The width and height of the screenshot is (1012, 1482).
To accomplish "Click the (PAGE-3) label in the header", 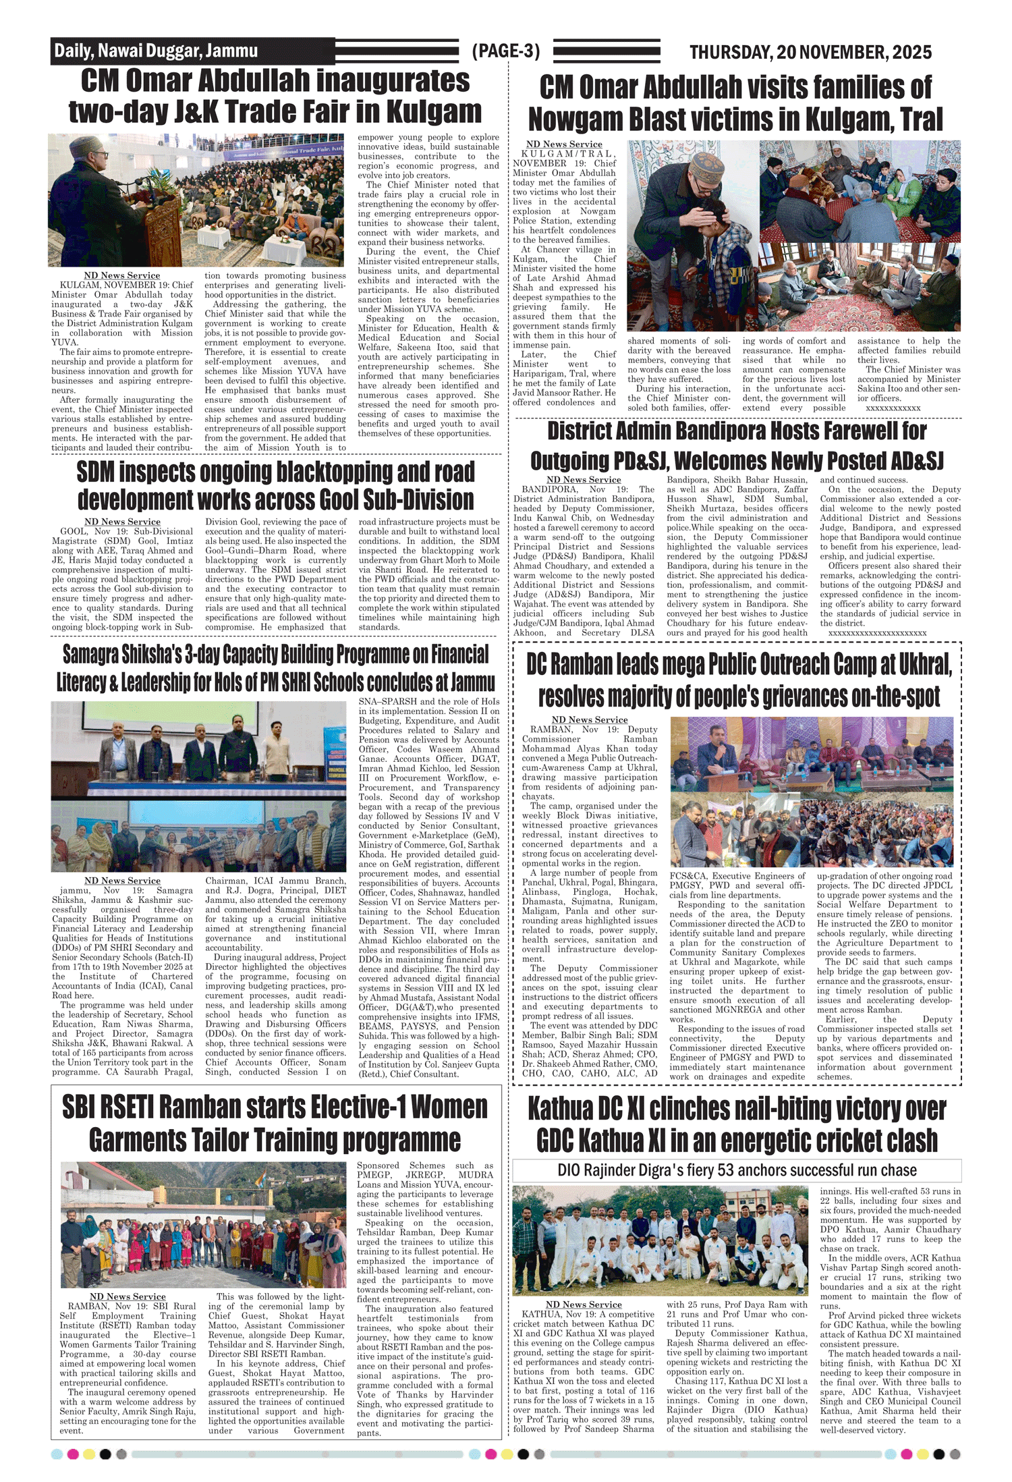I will tap(506, 51).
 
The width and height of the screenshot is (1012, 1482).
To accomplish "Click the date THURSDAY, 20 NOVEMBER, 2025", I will tap(810, 52).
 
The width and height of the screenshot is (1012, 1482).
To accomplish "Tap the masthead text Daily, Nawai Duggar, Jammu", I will tap(156, 51).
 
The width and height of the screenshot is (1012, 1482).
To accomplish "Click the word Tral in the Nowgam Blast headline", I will tap(922, 119).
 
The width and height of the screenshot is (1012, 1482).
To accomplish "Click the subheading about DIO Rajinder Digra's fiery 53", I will tap(737, 1170).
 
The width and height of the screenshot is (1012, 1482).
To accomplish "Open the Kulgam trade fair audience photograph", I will tap(196, 200).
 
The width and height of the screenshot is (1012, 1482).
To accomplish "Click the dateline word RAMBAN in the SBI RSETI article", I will tap(88, 1306).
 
